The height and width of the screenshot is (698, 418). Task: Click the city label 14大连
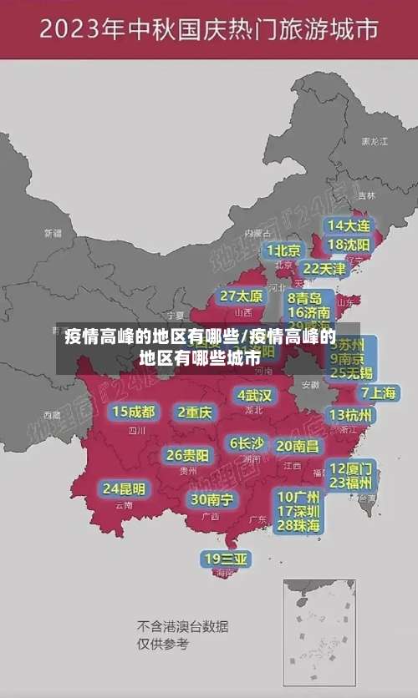coord(349,225)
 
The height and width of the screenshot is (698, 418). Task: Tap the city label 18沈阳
coord(349,245)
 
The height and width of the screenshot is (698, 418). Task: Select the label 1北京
coord(283,250)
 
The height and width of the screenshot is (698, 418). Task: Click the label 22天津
coord(324,269)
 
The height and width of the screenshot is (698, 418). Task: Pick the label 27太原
coord(242,296)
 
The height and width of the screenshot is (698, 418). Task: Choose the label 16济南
coord(308,312)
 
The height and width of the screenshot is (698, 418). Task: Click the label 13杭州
coord(351,415)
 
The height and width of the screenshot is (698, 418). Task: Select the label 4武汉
coord(254,395)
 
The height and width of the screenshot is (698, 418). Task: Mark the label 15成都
coord(134,412)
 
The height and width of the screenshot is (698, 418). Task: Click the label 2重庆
coord(196,412)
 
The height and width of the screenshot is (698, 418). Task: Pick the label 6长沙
coord(247,443)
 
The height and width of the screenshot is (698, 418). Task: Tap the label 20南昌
coord(298,447)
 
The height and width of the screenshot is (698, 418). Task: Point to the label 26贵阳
coord(188,456)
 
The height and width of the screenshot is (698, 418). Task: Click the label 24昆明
coord(124,488)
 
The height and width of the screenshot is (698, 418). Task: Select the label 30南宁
coord(212,499)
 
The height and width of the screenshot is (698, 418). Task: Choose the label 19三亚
coord(226,559)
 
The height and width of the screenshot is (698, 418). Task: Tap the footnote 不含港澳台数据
coord(182,626)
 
